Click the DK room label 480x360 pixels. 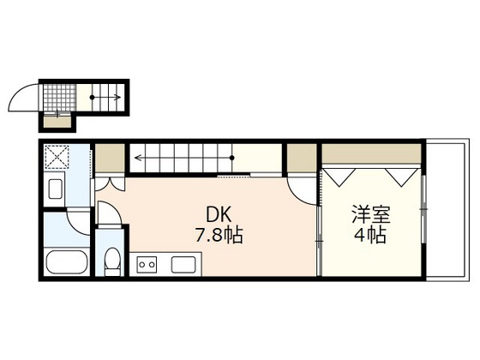click(x=219, y=214)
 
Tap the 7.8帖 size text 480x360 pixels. click(x=219, y=236)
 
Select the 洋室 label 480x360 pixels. click(x=371, y=214)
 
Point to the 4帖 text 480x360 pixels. click(x=370, y=235)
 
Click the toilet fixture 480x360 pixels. click(x=112, y=261)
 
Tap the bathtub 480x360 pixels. click(x=67, y=262)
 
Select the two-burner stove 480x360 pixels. click(x=147, y=264)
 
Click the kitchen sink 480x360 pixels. click(x=183, y=265)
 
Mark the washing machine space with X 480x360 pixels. click(x=57, y=157)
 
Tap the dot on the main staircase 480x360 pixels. click(x=232, y=158)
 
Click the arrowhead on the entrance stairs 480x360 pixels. click(x=117, y=98)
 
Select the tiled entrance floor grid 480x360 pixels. click(x=59, y=97)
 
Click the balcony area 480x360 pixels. click(x=447, y=209)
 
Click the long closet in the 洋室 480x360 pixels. click(x=370, y=153)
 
